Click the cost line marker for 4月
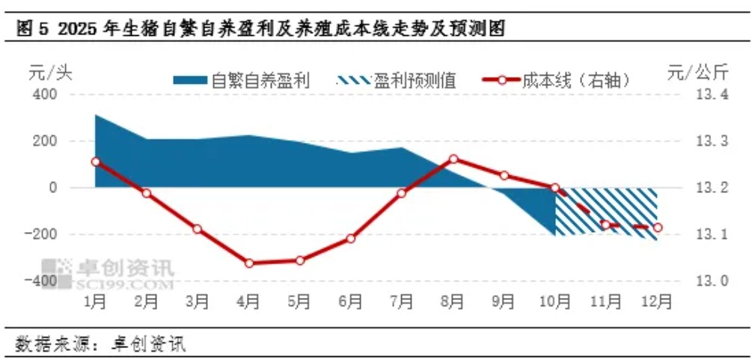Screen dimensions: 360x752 (248, 263)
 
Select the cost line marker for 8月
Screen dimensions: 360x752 (453, 159)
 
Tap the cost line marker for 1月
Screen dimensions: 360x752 (95, 162)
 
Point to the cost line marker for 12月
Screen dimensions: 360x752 (658, 228)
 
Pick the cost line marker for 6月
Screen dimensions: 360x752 (350, 239)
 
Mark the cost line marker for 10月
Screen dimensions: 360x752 (555, 188)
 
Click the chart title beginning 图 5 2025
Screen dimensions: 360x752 (258, 29)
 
